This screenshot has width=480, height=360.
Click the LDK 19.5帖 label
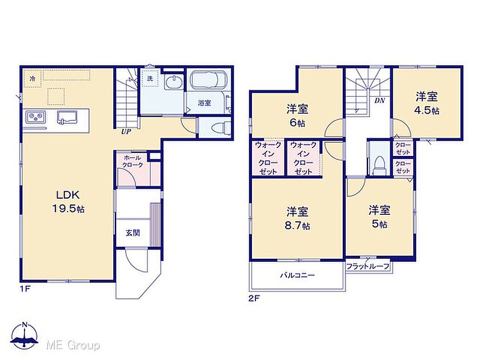(x=68, y=202)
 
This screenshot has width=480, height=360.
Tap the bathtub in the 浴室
(x=209, y=80)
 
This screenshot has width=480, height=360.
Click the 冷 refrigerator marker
(x=33, y=79)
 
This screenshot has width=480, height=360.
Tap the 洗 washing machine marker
(x=150, y=78)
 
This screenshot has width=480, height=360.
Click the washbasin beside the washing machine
(x=174, y=82)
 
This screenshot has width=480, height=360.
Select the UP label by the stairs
(x=126, y=132)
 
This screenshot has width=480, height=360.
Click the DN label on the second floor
(x=379, y=101)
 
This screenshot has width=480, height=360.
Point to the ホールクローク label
(x=133, y=161)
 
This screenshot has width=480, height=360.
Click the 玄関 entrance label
(x=133, y=233)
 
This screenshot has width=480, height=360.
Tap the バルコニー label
(x=298, y=275)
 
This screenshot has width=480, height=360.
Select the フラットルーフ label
(x=367, y=267)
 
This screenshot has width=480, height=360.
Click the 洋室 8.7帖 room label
(x=297, y=218)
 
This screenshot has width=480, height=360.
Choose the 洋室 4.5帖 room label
(x=427, y=103)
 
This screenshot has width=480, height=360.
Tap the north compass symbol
(x=25, y=335)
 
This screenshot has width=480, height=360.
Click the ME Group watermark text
(x=73, y=345)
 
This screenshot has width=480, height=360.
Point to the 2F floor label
(x=254, y=298)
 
